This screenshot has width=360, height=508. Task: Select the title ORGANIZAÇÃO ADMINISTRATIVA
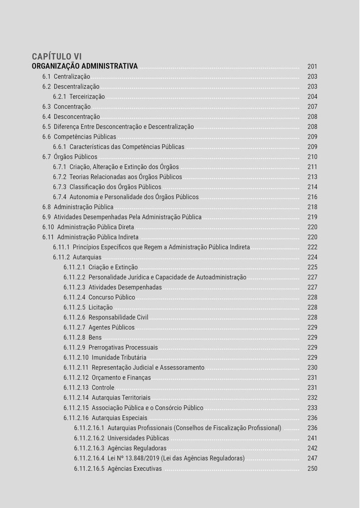(x=85, y=66)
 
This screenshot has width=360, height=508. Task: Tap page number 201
(x=312, y=67)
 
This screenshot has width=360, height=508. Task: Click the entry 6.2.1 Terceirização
(x=79, y=97)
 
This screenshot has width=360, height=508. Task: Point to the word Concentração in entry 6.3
(x=72, y=107)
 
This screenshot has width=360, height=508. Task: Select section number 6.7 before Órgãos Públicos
(x=47, y=157)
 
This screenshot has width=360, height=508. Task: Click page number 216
(x=312, y=197)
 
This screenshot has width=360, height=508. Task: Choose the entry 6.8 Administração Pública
(x=78, y=207)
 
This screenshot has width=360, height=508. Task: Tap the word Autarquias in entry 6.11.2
(x=87, y=257)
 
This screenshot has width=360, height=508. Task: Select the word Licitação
(x=100, y=307)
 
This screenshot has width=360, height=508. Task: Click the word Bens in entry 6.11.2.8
(x=95, y=337)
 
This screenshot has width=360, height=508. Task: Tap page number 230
(x=312, y=368)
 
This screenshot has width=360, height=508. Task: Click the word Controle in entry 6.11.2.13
(x=103, y=388)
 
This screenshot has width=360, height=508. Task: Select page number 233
(x=312, y=408)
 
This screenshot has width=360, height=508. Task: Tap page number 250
(x=312, y=468)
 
